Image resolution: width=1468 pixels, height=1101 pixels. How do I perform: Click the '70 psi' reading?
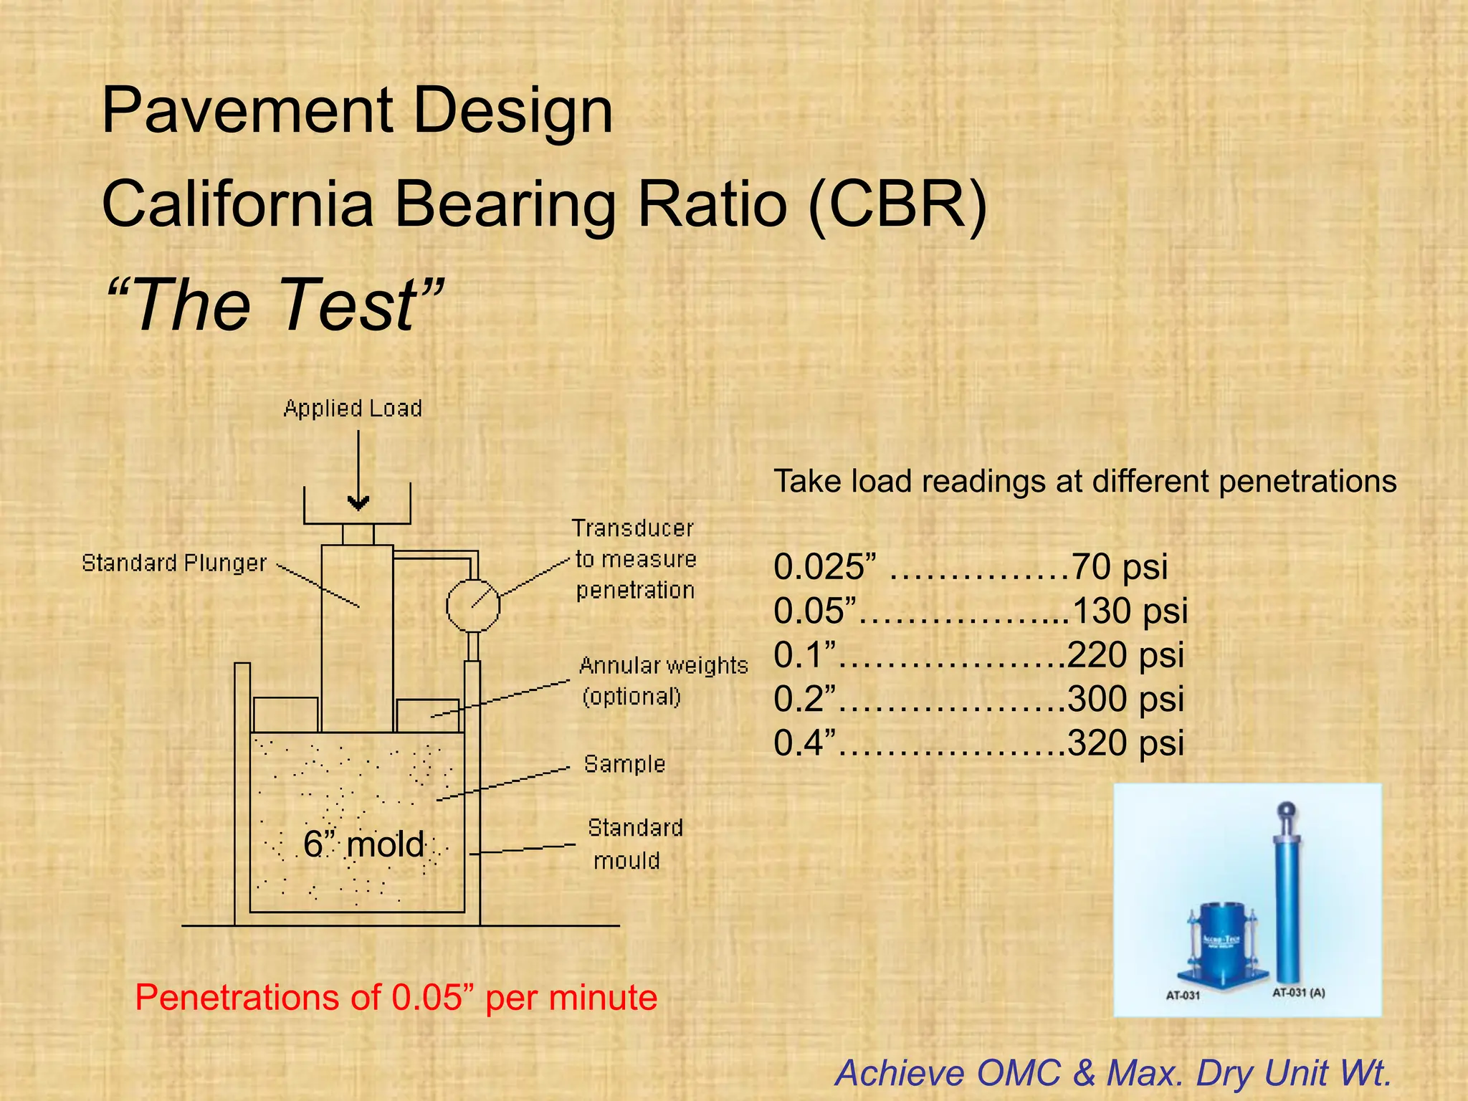tap(1119, 567)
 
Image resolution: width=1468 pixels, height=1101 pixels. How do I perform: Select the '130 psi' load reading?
tap(1130, 611)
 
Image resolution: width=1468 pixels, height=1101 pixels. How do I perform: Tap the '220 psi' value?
tap(1125, 655)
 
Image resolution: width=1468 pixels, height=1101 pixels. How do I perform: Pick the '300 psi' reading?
tap(1125, 699)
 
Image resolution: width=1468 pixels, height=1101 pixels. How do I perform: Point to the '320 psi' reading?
tap(1125, 743)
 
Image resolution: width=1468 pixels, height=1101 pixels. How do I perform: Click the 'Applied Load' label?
tap(353, 409)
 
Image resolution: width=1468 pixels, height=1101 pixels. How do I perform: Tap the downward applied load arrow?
tap(358, 473)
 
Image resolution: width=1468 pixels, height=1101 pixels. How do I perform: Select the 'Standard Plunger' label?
tap(174, 563)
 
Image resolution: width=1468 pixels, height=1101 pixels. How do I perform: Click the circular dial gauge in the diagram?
tap(473, 606)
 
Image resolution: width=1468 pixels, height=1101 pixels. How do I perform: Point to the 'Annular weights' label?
tap(663, 666)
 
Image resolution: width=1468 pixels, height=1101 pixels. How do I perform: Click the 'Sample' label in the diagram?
tap(624, 764)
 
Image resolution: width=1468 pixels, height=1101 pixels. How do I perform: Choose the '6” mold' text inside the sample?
tap(364, 844)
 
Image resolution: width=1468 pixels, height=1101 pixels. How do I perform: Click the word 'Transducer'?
tap(633, 529)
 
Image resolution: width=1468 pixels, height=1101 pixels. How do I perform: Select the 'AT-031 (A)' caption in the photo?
tap(1298, 993)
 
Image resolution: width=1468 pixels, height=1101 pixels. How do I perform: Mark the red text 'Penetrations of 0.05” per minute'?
tap(396, 998)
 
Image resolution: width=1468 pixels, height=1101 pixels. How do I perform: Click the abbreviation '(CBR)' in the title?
tap(898, 204)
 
